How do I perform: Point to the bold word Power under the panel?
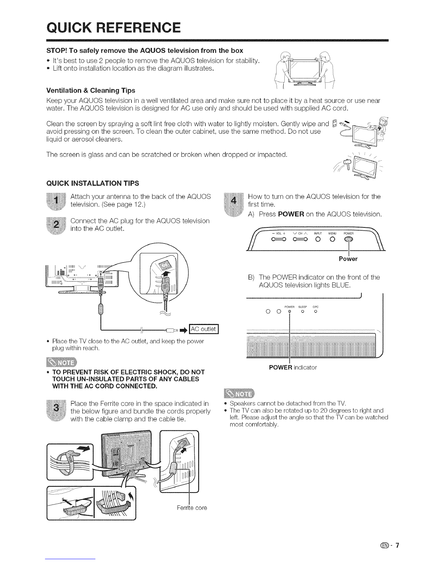[348, 259]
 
